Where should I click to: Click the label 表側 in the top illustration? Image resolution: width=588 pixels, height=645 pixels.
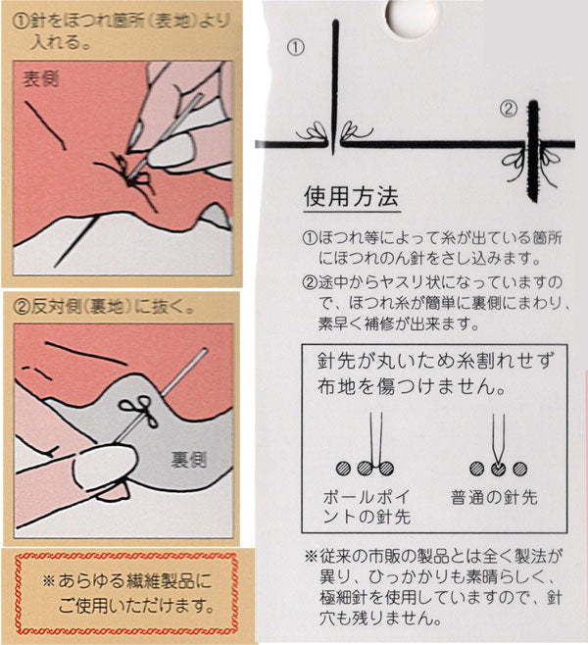click(x=40, y=80)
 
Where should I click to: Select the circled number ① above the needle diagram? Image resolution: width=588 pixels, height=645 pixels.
click(x=296, y=46)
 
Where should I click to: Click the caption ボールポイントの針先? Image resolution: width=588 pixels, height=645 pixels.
click(x=367, y=507)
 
